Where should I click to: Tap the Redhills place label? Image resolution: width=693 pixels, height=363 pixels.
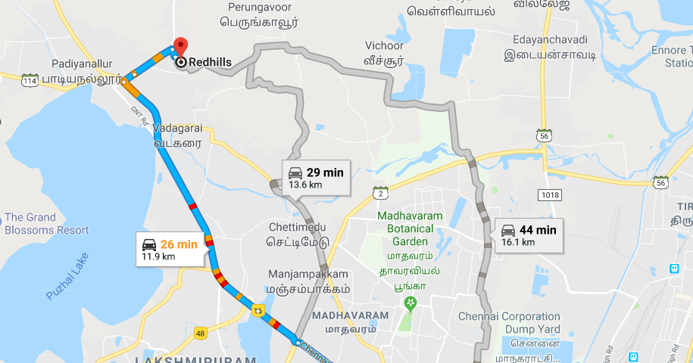point(210,63)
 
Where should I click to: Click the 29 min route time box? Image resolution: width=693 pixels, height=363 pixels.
point(316,178)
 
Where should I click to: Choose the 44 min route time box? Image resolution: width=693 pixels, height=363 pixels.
point(529,235)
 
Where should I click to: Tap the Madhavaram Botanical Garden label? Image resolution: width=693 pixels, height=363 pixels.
point(410,228)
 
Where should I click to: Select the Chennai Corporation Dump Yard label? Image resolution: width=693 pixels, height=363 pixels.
point(510,321)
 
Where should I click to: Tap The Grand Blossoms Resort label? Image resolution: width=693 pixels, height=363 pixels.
point(46,223)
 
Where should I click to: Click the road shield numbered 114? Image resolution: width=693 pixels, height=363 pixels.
point(30,80)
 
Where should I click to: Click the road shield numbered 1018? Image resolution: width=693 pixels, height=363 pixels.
point(549,195)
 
